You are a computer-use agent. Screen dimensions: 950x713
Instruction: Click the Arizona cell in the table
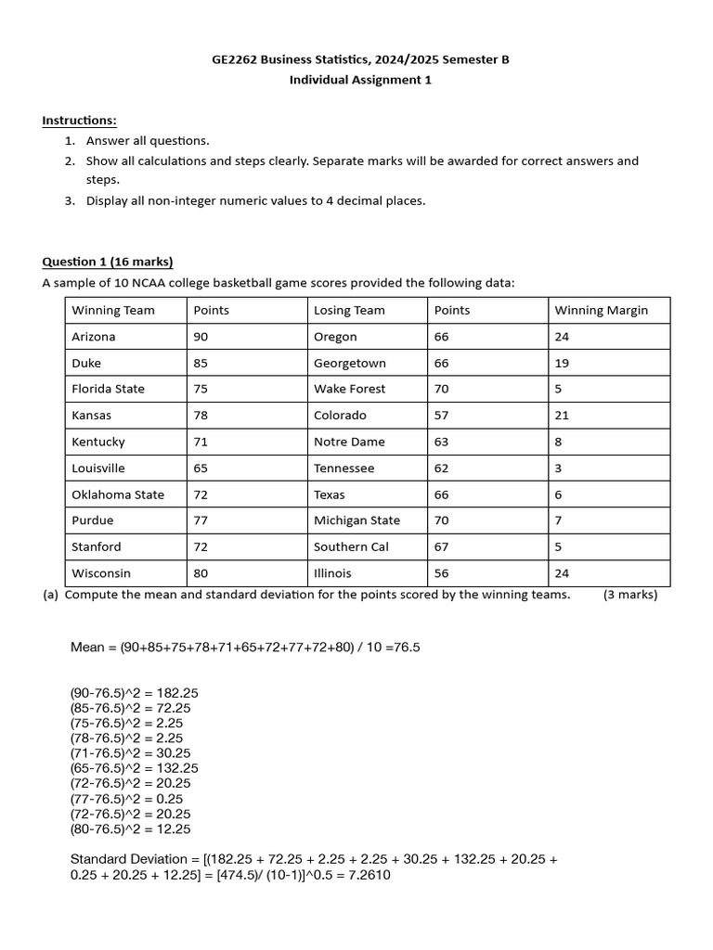(x=94, y=337)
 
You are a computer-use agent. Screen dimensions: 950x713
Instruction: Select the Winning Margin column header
(x=601, y=310)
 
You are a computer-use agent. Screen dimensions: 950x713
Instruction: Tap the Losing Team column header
(x=349, y=310)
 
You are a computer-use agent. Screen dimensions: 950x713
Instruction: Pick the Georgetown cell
(x=349, y=363)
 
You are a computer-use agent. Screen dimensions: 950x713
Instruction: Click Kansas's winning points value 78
(x=201, y=416)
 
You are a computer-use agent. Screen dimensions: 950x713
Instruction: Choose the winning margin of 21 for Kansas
(x=562, y=416)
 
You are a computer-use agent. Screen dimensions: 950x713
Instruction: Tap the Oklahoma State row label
(x=118, y=494)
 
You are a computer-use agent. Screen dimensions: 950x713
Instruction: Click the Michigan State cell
(x=356, y=520)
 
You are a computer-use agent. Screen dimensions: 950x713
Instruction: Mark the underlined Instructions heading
(x=80, y=121)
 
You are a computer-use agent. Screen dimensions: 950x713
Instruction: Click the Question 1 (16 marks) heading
(x=108, y=262)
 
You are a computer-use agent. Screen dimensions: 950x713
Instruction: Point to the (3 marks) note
(x=630, y=595)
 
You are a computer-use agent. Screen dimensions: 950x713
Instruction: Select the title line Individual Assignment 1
(x=360, y=80)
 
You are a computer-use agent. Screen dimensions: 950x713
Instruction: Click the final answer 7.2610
(x=368, y=874)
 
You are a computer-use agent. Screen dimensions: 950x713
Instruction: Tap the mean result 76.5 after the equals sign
(x=407, y=647)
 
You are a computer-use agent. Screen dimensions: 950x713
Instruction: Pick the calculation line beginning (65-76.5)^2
(x=134, y=768)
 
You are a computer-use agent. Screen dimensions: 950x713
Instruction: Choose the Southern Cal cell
(x=351, y=547)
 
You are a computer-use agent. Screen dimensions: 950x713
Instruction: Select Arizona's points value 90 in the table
(x=201, y=337)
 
